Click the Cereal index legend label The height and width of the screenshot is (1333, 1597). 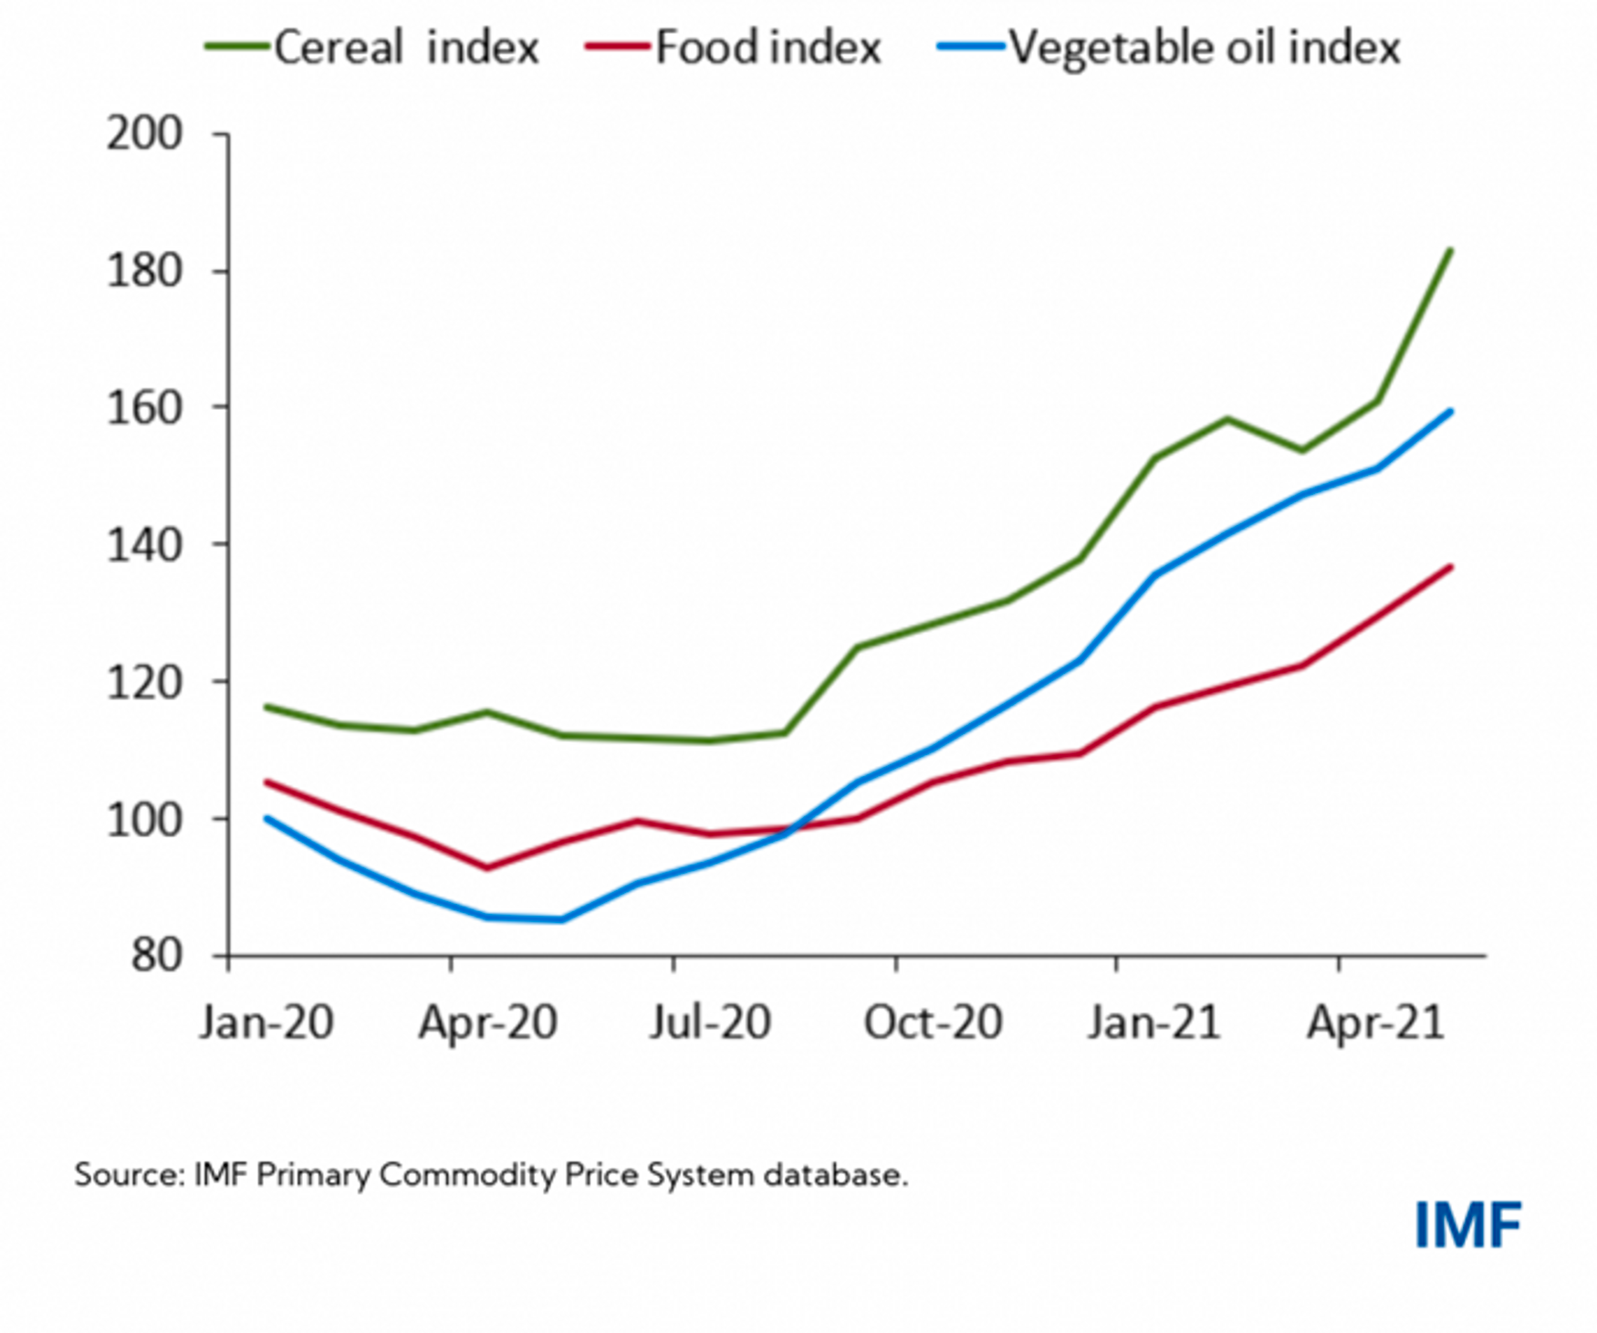click(406, 47)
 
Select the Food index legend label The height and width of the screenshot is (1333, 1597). click(768, 47)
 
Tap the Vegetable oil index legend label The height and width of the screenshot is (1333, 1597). click(1204, 47)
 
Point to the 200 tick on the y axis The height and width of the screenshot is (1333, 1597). click(145, 134)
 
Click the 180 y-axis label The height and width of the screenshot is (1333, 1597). click(145, 271)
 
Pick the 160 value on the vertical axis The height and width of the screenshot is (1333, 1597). click(145, 407)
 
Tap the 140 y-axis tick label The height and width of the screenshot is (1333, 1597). click(145, 545)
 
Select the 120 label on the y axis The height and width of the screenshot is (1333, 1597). click(145, 682)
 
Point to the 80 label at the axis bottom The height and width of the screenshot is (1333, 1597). click(157, 956)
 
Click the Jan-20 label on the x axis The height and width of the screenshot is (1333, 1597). click(266, 1023)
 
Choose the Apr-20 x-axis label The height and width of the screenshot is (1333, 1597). click(488, 1023)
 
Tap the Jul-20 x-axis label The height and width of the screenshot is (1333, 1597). click(711, 1023)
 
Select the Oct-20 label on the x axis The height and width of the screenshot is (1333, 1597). click(933, 1023)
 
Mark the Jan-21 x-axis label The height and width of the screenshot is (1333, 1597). click(1154, 1023)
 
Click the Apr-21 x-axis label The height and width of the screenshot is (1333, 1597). click(1376, 1023)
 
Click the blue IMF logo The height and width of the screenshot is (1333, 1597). click(1467, 1225)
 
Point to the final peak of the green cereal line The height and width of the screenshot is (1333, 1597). click(1450, 250)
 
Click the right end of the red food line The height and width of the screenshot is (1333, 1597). click(1450, 567)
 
